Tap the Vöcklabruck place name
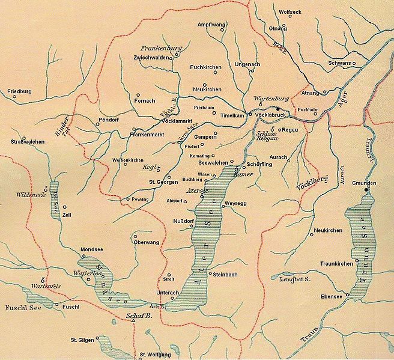268,114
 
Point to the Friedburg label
19,92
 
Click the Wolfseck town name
291,11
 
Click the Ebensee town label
331,296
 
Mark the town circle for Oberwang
135,236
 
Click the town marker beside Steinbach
208,273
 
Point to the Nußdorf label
183,221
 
